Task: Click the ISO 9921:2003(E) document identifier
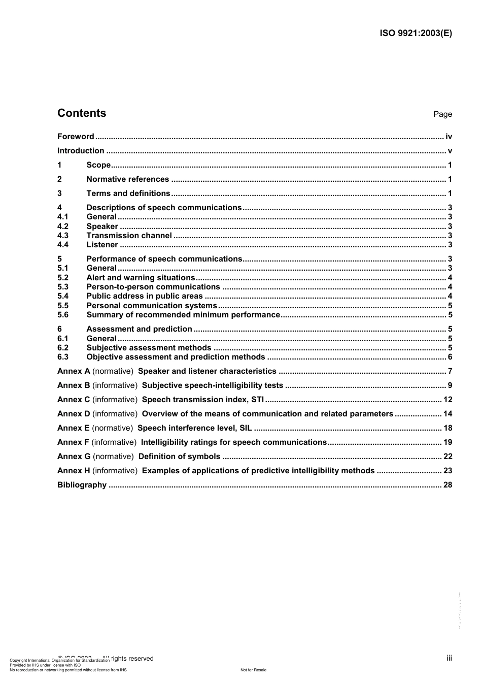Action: coord(416,34)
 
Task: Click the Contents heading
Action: coord(82,113)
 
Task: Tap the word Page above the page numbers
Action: coord(442,114)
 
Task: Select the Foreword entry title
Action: coord(76,137)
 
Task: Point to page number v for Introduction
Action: coord(450,151)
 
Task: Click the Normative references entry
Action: coord(127,179)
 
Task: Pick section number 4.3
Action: coord(63,236)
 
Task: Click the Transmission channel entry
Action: coord(129,236)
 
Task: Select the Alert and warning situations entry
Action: coord(141,278)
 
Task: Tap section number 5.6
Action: coord(63,315)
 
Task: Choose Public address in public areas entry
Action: coord(145,296)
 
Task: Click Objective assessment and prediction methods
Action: coord(176,357)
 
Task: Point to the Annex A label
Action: coord(74,371)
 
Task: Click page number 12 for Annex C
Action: coord(447,400)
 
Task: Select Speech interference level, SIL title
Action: coord(194,428)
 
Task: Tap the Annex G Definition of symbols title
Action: coord(179,457)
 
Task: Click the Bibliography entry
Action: coord(82,485)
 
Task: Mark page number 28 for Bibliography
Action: coord(447,485)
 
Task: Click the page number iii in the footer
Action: coord(449,658)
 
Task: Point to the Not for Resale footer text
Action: coord(253,670)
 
